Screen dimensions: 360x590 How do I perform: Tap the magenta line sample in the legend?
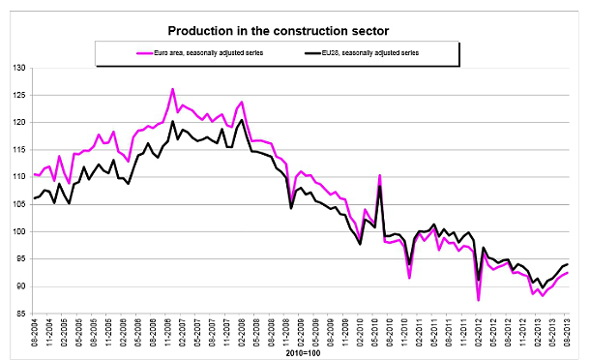pyautogui.click(x=123, y=50)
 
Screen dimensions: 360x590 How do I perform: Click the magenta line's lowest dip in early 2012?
pyautogui.click(x=479, y=300)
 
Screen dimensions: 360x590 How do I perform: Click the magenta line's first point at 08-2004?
pyautogui.click(x=34, y=174)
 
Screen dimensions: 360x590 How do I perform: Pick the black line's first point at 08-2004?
pyautogui.click(x=34, y=198)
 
